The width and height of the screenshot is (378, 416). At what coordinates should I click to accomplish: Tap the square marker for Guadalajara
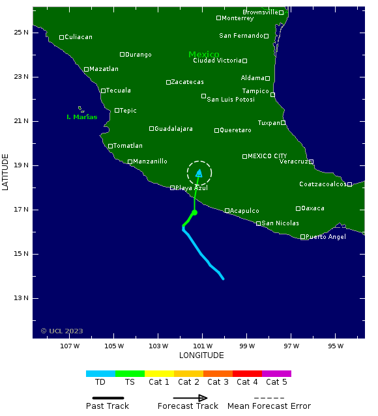pos(151,129)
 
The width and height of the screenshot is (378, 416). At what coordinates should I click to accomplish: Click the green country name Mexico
pos(203,55)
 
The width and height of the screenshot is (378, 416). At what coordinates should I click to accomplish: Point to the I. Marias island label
pos(81,117)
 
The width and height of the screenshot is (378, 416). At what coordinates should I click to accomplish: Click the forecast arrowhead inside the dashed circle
pos(199,173)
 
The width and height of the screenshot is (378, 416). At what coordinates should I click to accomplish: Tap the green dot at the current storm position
pos(194,212)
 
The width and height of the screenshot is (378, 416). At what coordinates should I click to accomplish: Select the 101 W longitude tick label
pos(202,346)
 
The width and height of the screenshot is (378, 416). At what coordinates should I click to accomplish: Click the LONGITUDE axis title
pos(201,355)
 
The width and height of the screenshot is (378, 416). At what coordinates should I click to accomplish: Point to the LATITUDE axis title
pos(6,172)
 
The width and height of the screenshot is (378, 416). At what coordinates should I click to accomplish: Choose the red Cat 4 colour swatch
pos(247,374)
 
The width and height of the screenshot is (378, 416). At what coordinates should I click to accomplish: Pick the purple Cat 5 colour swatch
pos(276,374)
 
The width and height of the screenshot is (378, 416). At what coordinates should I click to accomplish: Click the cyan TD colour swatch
pos(100,374)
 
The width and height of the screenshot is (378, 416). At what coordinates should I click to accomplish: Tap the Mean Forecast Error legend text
pos(269,406)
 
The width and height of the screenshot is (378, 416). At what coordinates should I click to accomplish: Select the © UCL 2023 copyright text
pos(62,331)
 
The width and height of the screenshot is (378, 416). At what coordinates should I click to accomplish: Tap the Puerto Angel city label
pos(327,237)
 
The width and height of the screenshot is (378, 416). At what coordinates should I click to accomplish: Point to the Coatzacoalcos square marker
pos(349,184)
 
